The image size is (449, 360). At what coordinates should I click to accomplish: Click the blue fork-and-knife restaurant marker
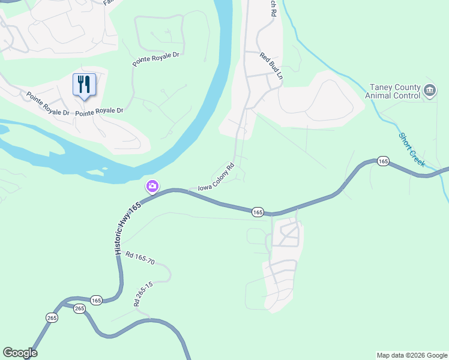click(x=84, y=84)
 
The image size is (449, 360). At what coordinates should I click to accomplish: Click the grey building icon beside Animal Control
click(x=430, y=91)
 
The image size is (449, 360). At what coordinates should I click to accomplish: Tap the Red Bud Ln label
click(x=271, y=66)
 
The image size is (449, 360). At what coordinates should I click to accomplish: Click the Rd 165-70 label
click(x=140, y=259)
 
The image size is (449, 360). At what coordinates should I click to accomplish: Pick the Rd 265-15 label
click(x=143, y=293)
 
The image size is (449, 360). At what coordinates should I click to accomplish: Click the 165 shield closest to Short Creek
click(x=382, y=161)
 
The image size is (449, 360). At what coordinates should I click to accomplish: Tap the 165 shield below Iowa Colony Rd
click(x=258, y=212)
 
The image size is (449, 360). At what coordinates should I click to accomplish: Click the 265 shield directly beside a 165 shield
click(x=80, y=308)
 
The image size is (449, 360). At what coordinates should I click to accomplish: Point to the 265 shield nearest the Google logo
click(x=52, y=317)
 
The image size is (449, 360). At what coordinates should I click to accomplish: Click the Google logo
click(x=20, y=353)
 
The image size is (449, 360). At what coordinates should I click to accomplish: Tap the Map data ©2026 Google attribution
click(x=411, y=355)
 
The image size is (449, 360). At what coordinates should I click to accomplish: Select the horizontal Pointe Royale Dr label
click(x=100, y=111)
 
